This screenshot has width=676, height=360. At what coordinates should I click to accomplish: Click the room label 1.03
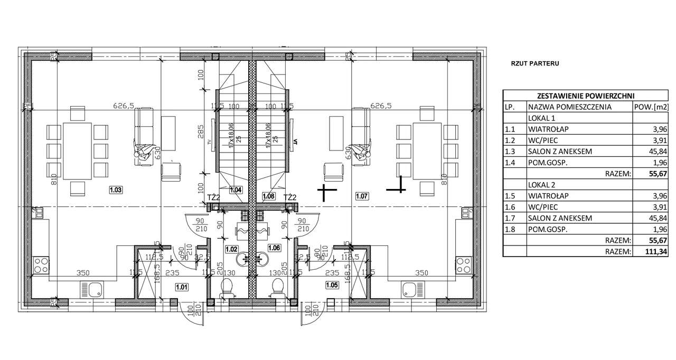coord(115,190)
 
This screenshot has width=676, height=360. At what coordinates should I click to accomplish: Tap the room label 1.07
coord(362,196)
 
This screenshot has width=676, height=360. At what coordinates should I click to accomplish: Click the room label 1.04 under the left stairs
coord(236,190)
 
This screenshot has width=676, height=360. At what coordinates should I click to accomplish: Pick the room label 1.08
coord(269,196)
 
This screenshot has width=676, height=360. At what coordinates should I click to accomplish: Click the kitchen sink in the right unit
coord(410,290)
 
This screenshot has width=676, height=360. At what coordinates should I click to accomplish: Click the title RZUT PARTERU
coord(534,63)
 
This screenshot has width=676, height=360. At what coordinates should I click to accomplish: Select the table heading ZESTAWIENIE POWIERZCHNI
coord(586,96)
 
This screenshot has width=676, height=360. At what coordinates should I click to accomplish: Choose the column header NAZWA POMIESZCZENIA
coord(570,107)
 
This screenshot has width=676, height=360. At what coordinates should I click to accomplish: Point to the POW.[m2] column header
coord(652,107)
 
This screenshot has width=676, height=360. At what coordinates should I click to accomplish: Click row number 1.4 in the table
coord(510,163)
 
